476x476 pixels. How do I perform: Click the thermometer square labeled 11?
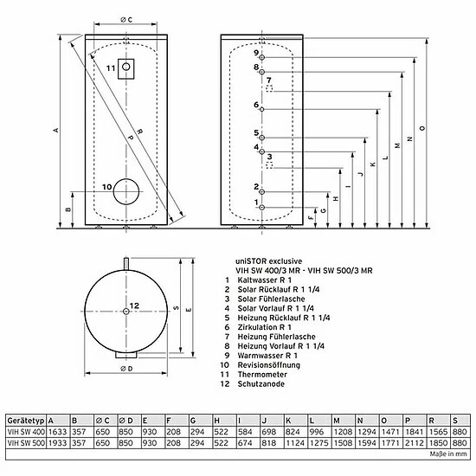pyautogui.click(x=126, y=69)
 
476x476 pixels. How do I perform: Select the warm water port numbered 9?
pyautogui.click(x=262, y=57)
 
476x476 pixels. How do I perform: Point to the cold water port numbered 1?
pyautogui.click(x=262, y=208)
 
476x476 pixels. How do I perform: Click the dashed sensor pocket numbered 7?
pyautogui.click(x=269, y=88)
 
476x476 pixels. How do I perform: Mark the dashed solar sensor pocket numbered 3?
pyautogui.click(x=269, y=165)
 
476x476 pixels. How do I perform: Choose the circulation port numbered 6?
pyautogui.click(x=262, y=109)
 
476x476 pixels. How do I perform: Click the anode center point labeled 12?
pyautogui.click(x=126, y=312)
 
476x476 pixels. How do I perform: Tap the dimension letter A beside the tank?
pyautogui.click(x=56, y=130)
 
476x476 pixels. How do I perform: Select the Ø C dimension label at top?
pyautogui.click(x=126, y=20)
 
